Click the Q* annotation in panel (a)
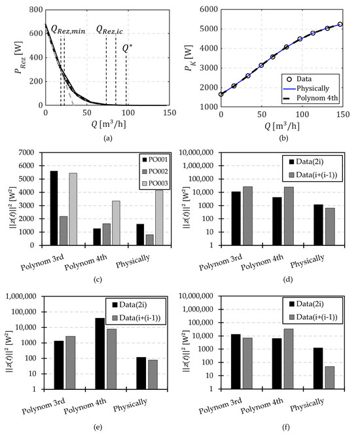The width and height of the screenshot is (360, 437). tap(127, 47)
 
